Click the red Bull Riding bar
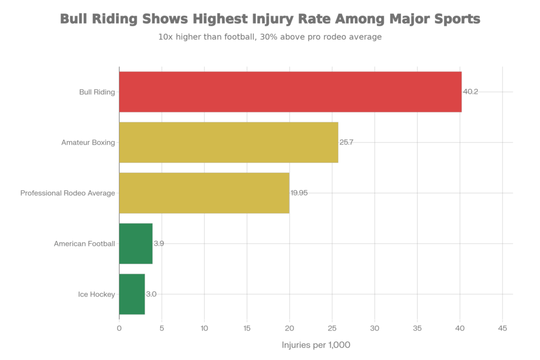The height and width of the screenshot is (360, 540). (x=290, y=92)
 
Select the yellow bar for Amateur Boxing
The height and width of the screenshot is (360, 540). (x=228, y=142)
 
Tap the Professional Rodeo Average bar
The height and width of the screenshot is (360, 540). (x=204, y=193)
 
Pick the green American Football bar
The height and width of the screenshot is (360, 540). (x=136, y=244)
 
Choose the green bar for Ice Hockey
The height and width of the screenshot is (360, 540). (x=132, y=294)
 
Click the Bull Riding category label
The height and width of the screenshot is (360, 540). (x=97, y=92)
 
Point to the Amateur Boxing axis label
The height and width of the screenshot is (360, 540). (x=88, y=142)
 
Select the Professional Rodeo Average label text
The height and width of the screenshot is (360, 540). (x=67, y=193)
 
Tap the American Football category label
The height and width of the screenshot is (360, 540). (x=84, y=244)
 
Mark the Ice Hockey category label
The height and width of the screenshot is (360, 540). (x=96, y=294)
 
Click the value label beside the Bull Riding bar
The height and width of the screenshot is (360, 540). (x=471, y=92)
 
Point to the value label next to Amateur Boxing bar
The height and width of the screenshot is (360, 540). (x=346, y=142)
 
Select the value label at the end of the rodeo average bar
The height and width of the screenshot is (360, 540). (x=299, y=193)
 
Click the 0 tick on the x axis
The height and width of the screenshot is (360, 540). (x=119, y=328)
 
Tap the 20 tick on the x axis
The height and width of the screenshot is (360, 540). (x=290, y=328)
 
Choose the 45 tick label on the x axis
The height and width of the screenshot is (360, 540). (x=503, y=328)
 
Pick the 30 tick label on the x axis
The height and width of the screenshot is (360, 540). (x=375, y=328)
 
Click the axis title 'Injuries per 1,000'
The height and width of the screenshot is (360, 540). (x=316, y=345)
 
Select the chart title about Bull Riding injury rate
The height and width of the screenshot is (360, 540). (x=270, y=20)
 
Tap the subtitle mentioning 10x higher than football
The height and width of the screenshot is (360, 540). (x=270, y=37)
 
